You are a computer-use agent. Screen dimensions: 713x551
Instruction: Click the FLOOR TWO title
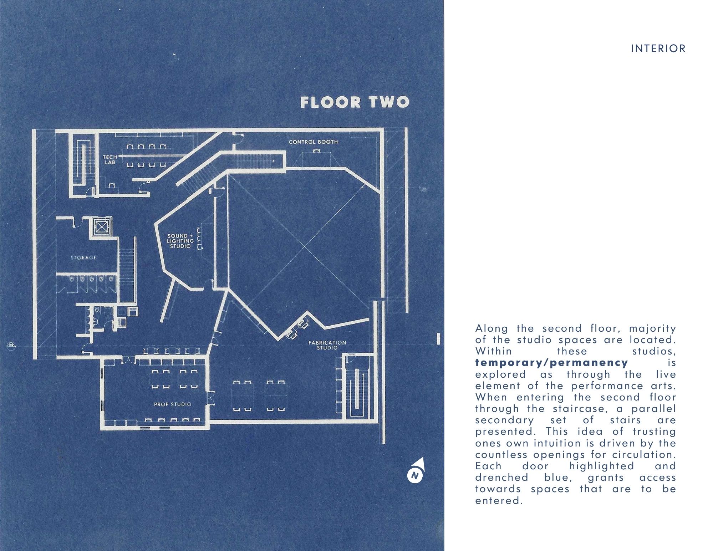[x=355, y=102]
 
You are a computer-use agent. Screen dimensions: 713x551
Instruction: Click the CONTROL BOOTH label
[x=313, y=142]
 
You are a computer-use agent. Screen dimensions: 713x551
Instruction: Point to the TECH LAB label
[x=110, y=159]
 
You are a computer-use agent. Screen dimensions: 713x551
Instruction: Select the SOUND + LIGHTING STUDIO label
[x=181, y=241]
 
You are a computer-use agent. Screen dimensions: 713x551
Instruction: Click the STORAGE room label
[x=83, y=257]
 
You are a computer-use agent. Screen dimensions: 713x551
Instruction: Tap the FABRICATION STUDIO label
[x=327, y=345]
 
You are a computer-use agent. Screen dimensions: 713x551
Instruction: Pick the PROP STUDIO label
[x=173, y=404]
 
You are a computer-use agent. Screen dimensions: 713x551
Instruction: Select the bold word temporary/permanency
[x=551, y=363]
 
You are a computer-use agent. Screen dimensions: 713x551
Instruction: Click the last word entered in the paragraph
[x=499, y=501]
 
